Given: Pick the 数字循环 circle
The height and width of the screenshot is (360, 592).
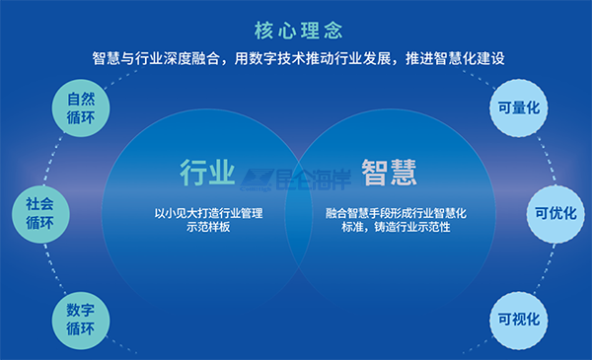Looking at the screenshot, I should coord(81,319).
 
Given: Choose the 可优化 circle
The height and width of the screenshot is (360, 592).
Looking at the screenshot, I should coord(555,212).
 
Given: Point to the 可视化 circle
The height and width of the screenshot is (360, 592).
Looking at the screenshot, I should coord(518,319).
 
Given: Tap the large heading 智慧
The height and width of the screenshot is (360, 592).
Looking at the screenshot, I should coord(388,173).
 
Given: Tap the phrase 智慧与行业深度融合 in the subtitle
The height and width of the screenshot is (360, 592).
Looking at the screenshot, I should coord(157,58).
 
